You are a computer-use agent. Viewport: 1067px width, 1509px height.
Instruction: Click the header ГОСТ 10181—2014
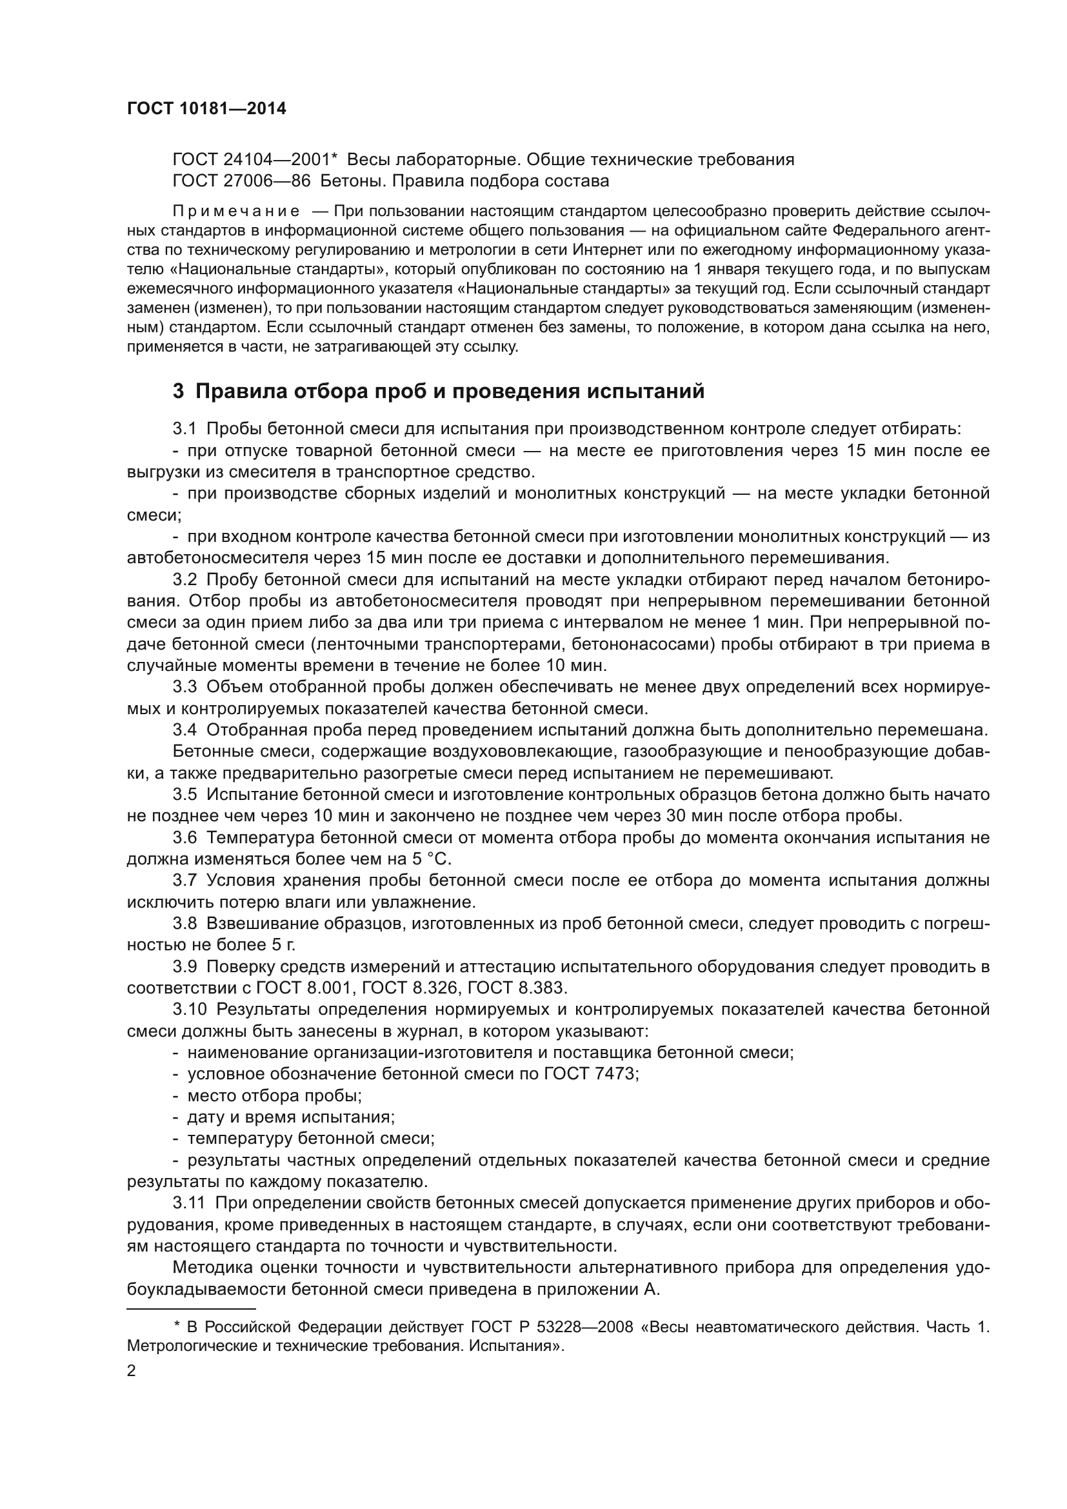click(206, 109)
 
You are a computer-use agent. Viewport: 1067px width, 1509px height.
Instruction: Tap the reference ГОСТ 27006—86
click(241, 181)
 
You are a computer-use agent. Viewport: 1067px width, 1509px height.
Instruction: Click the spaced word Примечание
click(236, 211)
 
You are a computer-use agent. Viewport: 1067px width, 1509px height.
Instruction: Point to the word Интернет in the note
click(608, 250)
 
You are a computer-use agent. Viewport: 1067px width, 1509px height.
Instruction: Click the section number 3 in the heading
click(178, 391)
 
